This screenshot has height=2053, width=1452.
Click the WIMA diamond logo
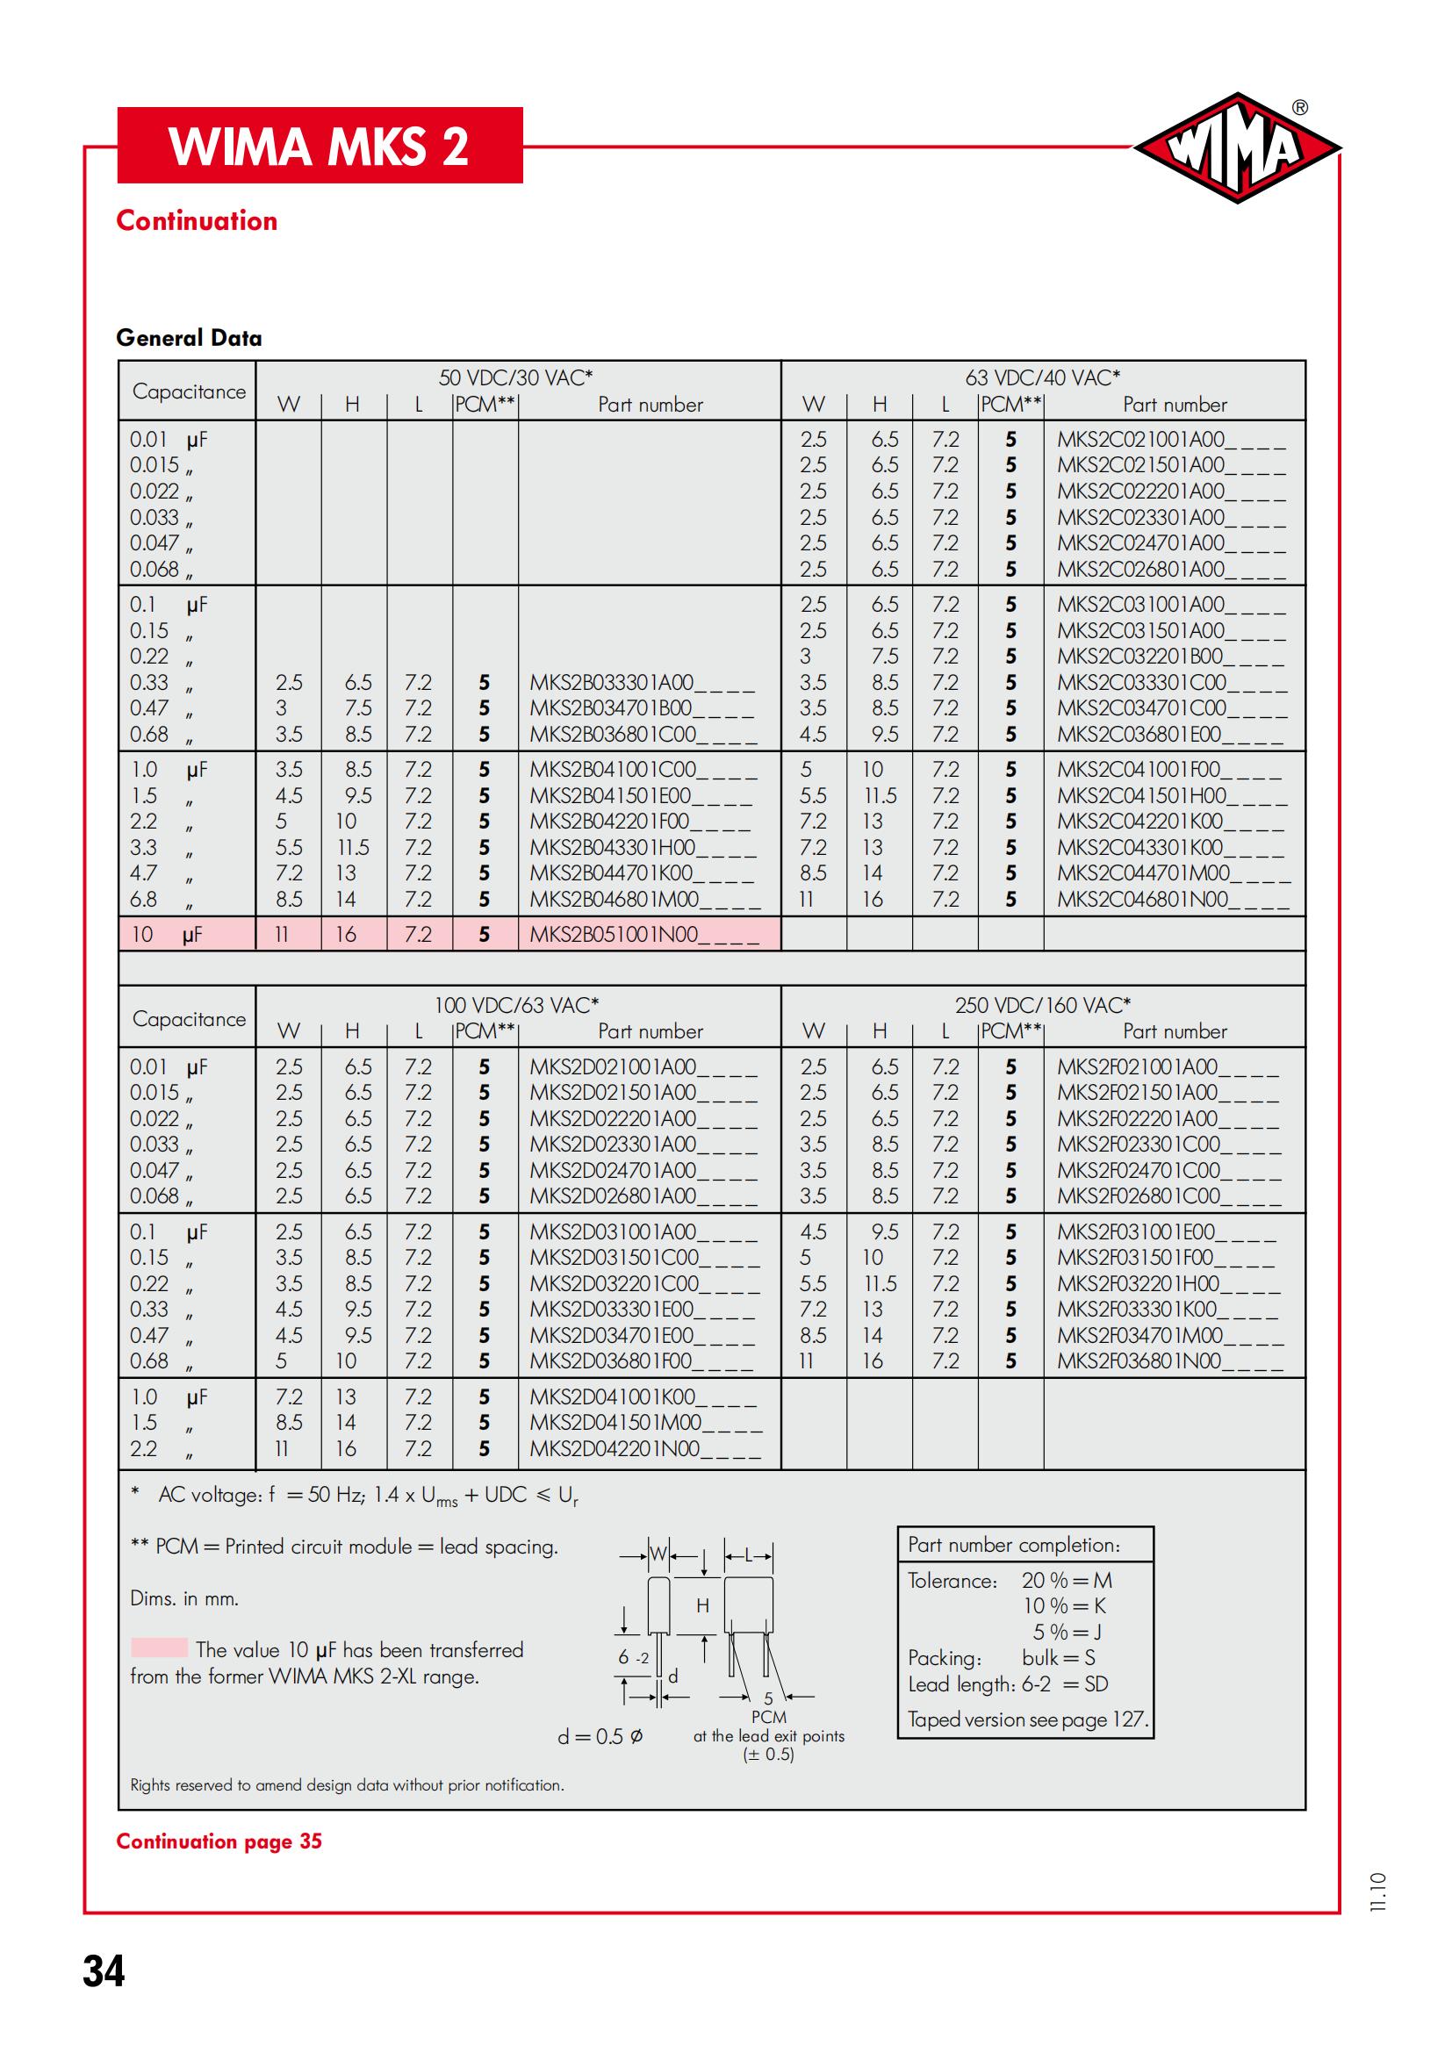[x=1237, y=148]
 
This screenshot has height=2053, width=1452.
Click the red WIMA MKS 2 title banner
[x=320, y=146]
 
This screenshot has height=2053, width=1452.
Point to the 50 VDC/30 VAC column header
[x=516, y=378]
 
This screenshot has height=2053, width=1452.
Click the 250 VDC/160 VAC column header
[x=1042, y=1005]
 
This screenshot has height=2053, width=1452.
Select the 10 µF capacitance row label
[x=167, y=935]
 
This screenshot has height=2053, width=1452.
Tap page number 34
[x=104, y=1970]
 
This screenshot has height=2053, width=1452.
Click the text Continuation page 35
[x=219, y=1841]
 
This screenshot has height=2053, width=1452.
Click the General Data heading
[x=189, y=338]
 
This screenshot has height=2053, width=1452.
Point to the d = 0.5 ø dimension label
[x=600, y=1736]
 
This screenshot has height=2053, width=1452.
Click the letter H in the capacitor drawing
[x=703, y=1605]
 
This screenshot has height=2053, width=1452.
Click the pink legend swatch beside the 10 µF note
[x=158, y=1648]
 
